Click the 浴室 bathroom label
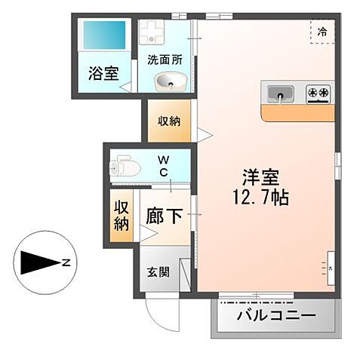102,75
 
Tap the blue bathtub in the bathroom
105,35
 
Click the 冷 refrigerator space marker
322,32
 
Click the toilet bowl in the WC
127,167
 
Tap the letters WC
163,166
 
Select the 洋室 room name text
261,179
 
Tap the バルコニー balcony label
275,314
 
